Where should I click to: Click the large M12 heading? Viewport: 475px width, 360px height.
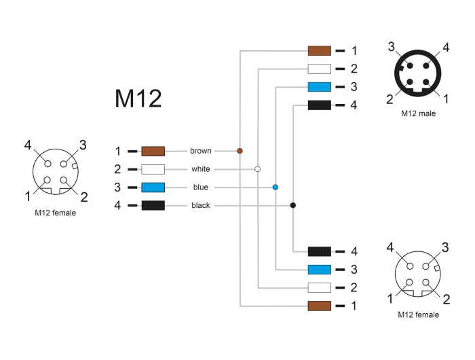click(138, 99)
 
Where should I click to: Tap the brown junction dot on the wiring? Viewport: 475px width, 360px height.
click(240, 150)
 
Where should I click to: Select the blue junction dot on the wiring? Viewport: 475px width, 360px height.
click(275, 187)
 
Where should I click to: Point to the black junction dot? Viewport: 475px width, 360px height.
click(293, 205)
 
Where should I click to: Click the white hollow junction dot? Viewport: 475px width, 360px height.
click(257, 168)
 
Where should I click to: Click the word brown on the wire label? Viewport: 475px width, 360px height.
click(200, 151)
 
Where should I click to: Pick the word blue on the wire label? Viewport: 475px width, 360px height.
click(200, 187)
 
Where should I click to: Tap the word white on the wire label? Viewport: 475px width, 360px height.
click(200, 169)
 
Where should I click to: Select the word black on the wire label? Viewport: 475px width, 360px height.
click(200, 206)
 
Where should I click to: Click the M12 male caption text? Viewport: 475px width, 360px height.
click(418, 113)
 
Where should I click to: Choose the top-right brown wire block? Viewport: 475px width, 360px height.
click(319, 50)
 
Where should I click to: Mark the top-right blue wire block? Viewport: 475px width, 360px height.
click(319, 87)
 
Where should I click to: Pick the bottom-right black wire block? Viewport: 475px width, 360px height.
click(319, 251)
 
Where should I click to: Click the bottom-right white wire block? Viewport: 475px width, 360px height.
click(319, 287)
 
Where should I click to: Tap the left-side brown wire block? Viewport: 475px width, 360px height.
click(153, 151)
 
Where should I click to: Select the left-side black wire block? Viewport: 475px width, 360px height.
click(153, 206)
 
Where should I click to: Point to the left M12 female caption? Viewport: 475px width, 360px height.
click(55, 213)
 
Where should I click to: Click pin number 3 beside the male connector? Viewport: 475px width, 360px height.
click(392, 46)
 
